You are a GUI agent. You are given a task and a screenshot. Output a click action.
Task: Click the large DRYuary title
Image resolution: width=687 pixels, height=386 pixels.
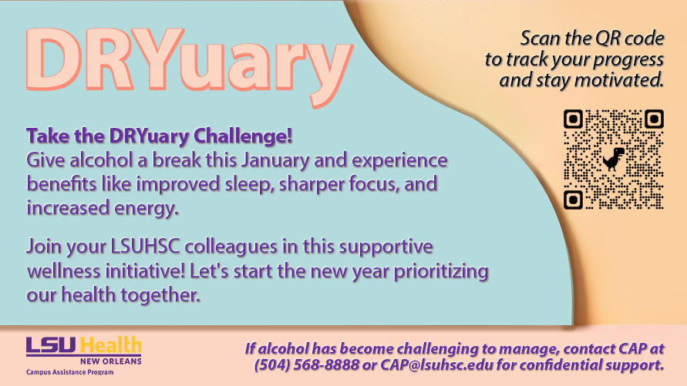click(189, 65)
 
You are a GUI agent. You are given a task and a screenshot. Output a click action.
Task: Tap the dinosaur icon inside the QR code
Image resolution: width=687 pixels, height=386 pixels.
click(613, 159)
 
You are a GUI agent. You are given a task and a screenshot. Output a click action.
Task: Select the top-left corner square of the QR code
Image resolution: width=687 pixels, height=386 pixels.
click(573, 119)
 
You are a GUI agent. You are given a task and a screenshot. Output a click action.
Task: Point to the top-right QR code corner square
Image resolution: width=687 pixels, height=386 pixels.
click(654, 119)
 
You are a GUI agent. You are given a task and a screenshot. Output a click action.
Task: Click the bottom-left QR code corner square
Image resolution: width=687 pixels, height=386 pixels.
click(573, 200)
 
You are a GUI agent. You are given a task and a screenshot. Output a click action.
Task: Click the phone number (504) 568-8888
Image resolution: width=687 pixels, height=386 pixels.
click(306, 364)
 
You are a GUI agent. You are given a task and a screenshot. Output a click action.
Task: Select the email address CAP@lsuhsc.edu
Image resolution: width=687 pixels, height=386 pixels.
click(436, 364)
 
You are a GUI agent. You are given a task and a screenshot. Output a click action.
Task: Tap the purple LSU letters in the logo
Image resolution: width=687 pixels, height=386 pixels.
click(52, 345)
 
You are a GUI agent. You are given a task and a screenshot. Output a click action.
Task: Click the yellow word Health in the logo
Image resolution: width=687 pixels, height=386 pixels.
click(110, 345)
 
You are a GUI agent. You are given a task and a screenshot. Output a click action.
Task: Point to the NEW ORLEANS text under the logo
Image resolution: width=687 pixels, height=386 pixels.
click(111, 361)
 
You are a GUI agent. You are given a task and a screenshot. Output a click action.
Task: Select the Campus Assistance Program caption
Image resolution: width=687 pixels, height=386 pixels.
click(69, 372)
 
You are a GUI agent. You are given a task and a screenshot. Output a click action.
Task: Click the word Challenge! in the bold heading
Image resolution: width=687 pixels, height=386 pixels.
click(243, 136)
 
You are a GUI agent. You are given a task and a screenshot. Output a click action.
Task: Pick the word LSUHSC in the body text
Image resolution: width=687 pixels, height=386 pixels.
click(145, 247)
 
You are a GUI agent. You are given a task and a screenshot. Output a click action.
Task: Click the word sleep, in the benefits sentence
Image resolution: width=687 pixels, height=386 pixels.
click(250, 184)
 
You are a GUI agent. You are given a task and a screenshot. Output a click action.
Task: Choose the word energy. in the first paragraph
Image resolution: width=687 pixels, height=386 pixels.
click(146, 208)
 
